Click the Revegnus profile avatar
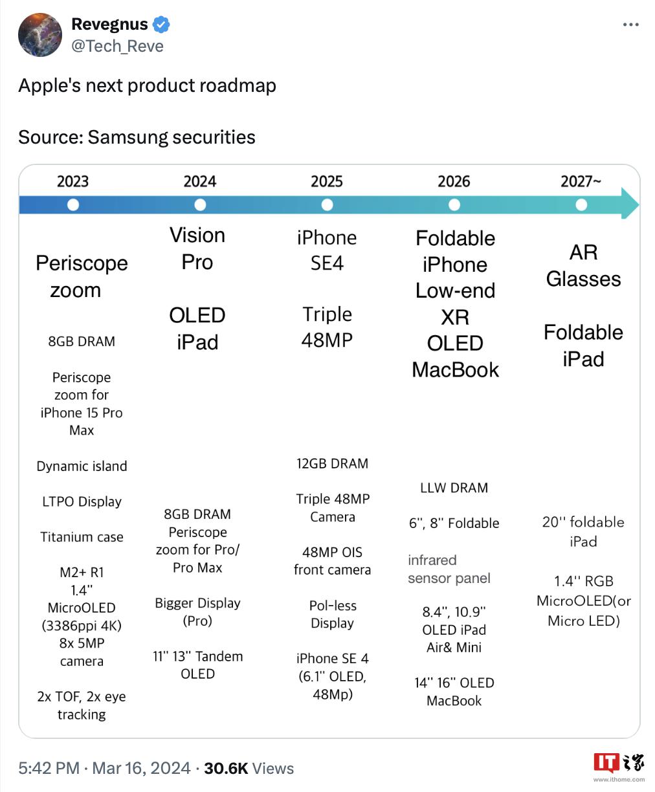click(41, 34)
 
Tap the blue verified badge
click(161, 25)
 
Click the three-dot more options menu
click(630, 25)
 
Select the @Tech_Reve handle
click(117, 47)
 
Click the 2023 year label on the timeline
click(72, 181)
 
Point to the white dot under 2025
click(327, 205)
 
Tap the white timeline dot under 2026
click(454, 205)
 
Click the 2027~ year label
click(581, 181)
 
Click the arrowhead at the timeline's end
click(630, 205)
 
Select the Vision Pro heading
click(197, 248)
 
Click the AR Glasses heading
click(583, 265)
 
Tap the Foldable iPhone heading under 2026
click(455, 251)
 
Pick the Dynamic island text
click(82, 466)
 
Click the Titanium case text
click(82, 537)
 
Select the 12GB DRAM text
click(332, 463)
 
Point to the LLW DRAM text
click(454, 488)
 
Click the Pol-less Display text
click(332, 614)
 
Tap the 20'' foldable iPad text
click(583, 531)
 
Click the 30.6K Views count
click(249, 768)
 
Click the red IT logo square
click(606, 763)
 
